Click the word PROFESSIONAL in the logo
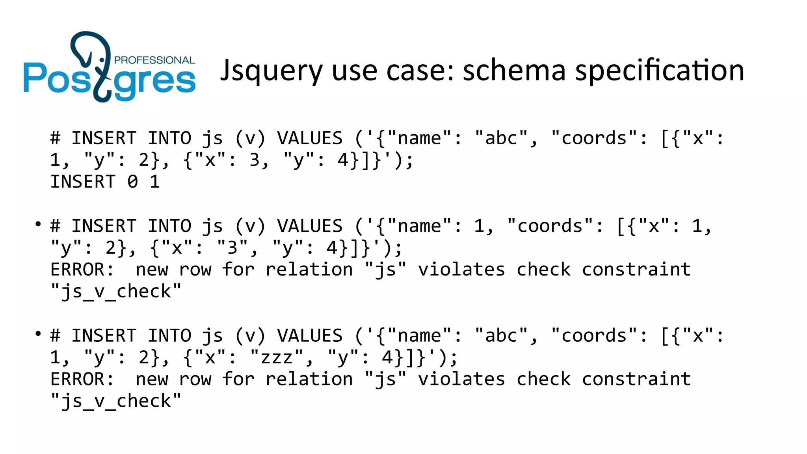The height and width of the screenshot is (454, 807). pyautogui.click(x=154, y=60)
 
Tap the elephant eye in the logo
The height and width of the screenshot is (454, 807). pyautogui.click(x=102, y=60)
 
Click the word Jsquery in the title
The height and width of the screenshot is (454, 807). pyautogui.click(x=271, y=71)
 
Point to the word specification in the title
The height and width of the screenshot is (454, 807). pyautogui.click(x=660, y=71)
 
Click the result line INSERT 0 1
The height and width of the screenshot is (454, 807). pyautogui.click(x=105, y=182)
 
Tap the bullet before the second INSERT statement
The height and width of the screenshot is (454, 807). pyautogui.click(x=38, y=224)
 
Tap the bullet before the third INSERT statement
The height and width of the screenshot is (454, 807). pyautogui.click(x=38, y=334)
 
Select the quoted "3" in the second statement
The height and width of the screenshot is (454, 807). pyautogui.click(x=233, y=248)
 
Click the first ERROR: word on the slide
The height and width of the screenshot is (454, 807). pyautogui.click(x=82, y=270)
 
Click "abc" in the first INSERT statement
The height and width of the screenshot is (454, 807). pyautogui.click(x=502, y=138)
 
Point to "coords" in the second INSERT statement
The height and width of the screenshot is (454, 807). pyautogui.click(x=550, y=226)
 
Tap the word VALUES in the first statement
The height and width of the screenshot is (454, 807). pyautogui.click(x=310, y=138)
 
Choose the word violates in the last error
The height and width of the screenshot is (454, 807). pyautogui.click(x=461, y=380)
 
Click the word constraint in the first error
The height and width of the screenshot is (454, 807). pyautogui.click(x=636, y=270)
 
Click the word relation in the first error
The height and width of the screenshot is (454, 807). pyautogui.click(x=309, y=270)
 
